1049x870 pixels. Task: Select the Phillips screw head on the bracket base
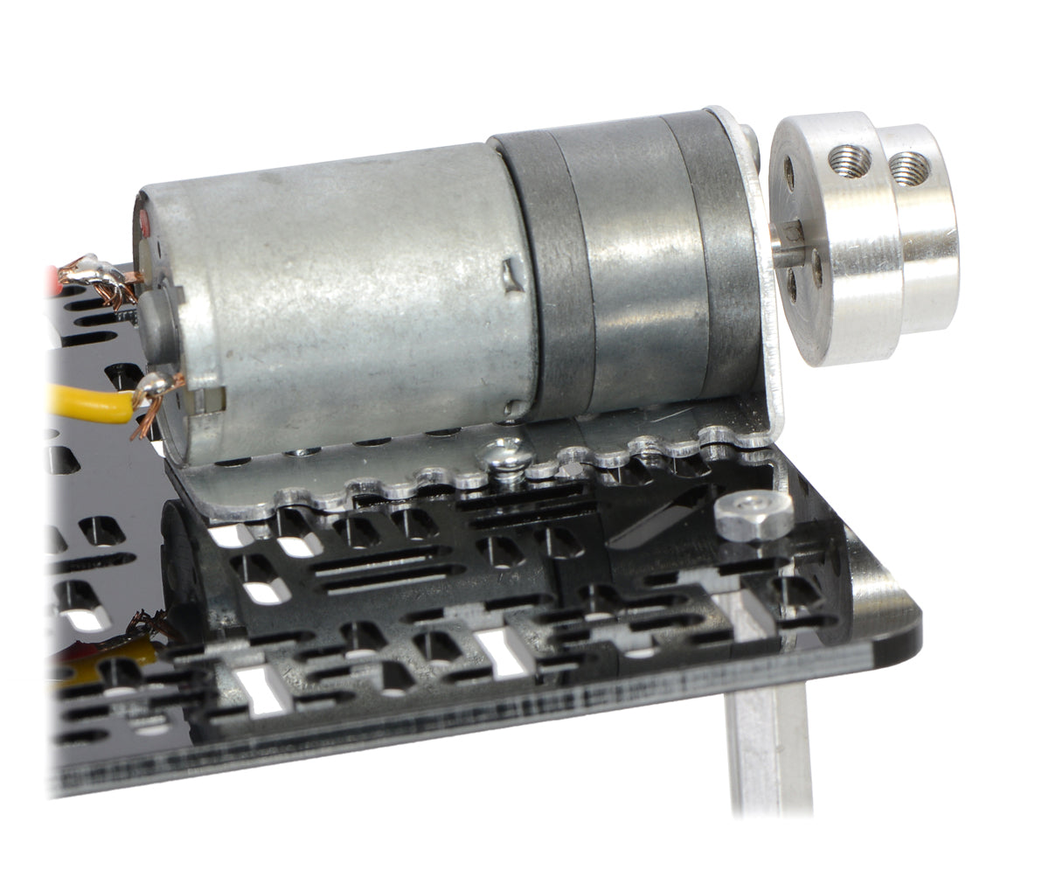tap(504, 455)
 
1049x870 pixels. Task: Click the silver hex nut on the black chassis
tap(754, 514)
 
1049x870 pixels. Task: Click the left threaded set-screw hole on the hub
tap(850, 160)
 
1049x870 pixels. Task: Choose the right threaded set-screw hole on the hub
tap(908, 166)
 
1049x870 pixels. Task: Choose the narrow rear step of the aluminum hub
tap(922, 227)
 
